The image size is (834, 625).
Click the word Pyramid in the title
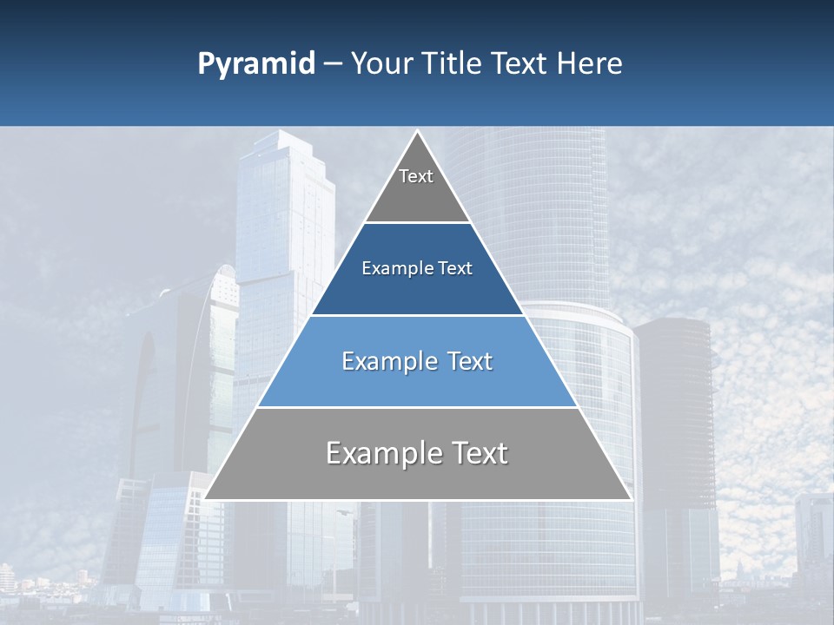[255, 64]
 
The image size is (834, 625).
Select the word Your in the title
[381, 64]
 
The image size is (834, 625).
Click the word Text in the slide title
[520, 64]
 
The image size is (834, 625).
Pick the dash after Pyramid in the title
[332, 64]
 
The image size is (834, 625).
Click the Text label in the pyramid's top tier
[416, 176]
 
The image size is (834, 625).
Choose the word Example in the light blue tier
[385, 361]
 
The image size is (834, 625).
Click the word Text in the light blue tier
[470, 361]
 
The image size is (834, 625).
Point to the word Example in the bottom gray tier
[377, 453]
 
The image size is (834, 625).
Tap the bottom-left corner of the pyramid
[206, 498]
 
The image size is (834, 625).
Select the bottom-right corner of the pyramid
[630, 498]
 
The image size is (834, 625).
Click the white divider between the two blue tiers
[418, 315]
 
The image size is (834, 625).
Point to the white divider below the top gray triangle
[418, 223]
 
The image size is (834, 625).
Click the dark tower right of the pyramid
[673, 408]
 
